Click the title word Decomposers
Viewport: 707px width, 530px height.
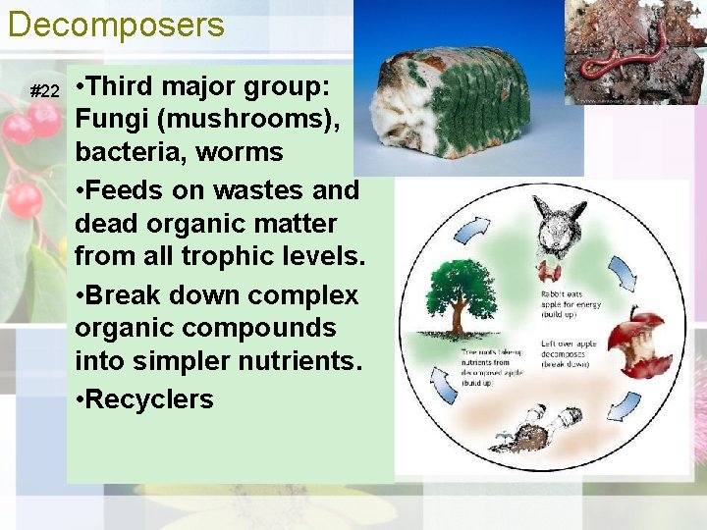click(x=116, y=25)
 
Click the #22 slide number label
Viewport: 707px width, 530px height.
click(x=45, y=91)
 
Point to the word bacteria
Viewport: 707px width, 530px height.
click(x=127, y=153)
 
